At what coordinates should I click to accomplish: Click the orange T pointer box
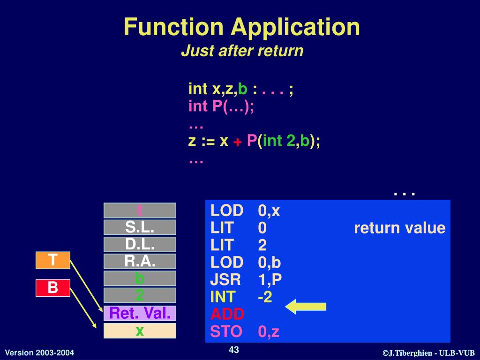(x=53, y=260)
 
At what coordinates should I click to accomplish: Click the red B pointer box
(x=53, y=288)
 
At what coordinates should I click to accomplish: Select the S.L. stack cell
(x=140, y=227)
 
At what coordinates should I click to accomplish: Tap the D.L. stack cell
(x=140, y=244)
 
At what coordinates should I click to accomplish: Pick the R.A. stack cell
(x=140, y=261)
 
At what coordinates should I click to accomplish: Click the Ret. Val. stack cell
(x=140, y=313)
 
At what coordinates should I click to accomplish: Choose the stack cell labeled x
(x=140, y=330)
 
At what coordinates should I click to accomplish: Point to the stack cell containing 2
(x=140, y=295)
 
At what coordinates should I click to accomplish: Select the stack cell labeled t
(x=140, y=210)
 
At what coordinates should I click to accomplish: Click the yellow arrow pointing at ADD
(x=306, y=307)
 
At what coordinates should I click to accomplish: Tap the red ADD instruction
(x=227, y=315)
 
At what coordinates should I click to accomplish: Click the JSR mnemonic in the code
(x=225, y=280)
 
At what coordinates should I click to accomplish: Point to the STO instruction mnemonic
(x=226, y=332)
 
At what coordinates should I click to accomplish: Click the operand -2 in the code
(x=265, y=297)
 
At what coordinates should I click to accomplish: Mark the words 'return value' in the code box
(x=399, y=228)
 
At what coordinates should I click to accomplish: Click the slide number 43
(x=234, y=350)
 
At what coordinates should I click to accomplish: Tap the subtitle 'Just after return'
(x=242, y=51)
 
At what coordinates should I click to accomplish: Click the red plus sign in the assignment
(x=238, y=142)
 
